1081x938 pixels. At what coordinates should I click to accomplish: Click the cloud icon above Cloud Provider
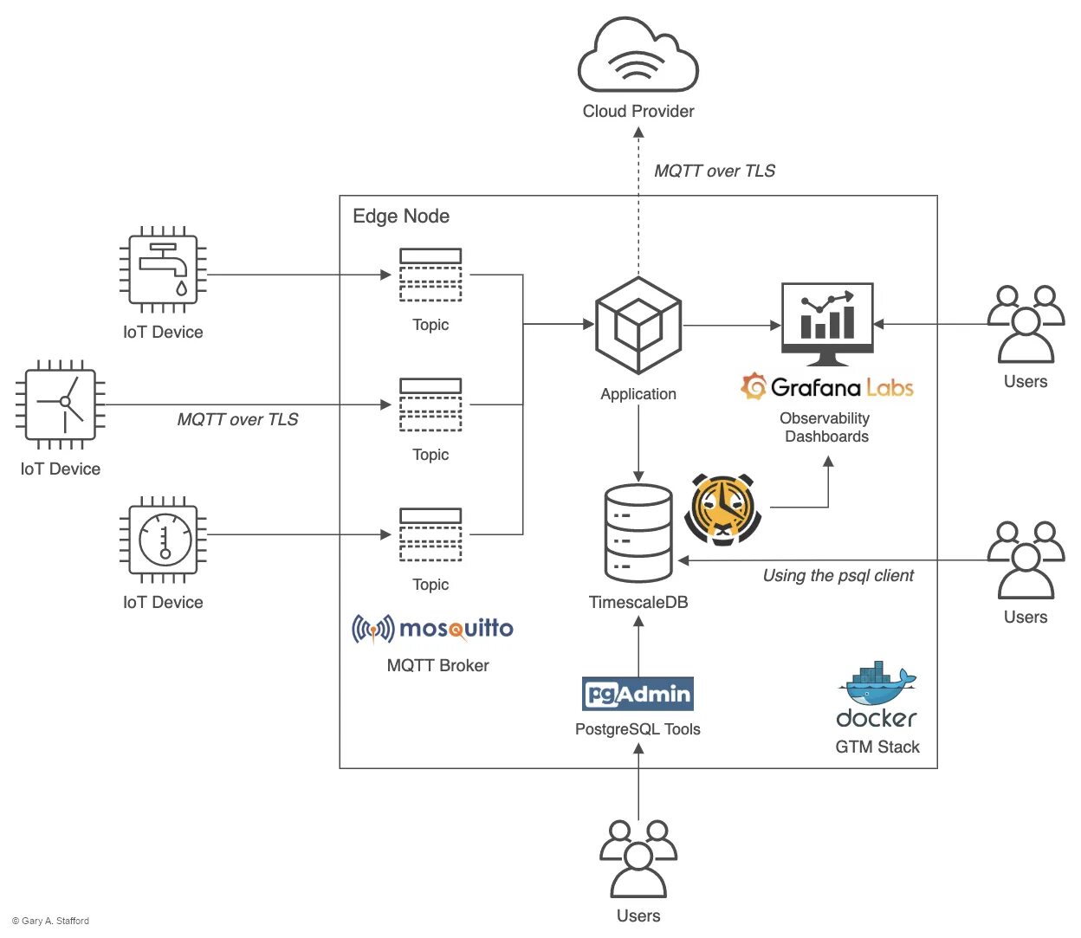(638, 56)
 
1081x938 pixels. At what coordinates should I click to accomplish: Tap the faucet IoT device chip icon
(163, 269)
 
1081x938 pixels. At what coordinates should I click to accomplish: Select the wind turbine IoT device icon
(61, 404)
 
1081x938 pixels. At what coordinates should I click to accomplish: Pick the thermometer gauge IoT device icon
(163, 539)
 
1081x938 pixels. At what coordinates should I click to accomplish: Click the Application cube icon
(638, 325)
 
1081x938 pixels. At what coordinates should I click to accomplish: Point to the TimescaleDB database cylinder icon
(638, 533)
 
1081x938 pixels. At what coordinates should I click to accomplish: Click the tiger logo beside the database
(722, 509)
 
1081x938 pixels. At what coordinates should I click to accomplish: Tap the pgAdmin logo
(638, 694)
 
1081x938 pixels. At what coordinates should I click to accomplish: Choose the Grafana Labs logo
(827, 387)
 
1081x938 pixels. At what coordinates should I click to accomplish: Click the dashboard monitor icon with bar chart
(827, 323)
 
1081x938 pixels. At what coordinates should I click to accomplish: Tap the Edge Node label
(401, 217)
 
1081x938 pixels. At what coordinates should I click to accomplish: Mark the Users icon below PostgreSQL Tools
(638, 858)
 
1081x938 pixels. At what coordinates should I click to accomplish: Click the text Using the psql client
(838, 576)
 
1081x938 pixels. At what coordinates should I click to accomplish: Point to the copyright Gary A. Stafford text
(51, 921)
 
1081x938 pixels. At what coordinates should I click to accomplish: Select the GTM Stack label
(877, 747)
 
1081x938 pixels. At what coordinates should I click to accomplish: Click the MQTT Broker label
(437, 665)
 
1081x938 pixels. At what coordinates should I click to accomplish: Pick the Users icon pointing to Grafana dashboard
(1026, 324)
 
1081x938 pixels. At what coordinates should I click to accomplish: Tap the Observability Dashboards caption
(825, 427)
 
